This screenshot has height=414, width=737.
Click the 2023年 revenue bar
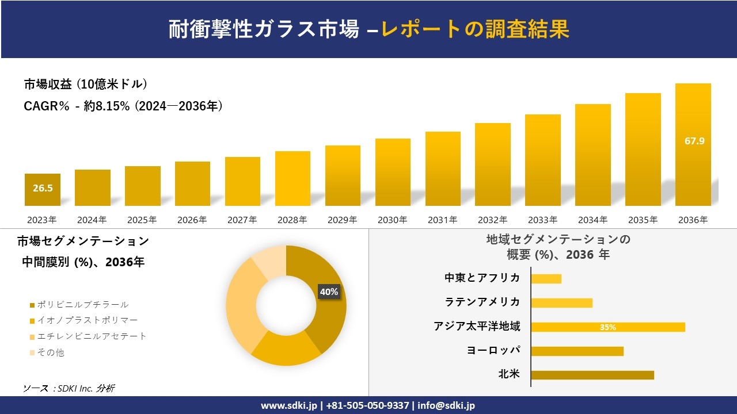point(42,190)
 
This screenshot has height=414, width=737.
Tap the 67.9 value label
point(694,141)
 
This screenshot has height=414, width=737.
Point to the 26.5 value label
point(43,188)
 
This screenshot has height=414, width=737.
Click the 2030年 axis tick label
point(392,220)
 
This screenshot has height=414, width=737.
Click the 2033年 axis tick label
point(542,220)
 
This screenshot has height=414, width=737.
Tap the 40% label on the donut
point(329,292)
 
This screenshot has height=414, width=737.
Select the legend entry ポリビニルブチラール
point(82,305)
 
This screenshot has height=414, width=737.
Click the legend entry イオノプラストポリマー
point(87,320)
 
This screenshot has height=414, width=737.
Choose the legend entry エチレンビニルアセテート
point(92,336)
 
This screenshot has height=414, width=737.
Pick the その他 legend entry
point(51,352)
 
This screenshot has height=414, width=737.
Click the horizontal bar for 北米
point(592,375)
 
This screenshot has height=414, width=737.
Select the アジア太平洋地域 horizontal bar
point(607,327)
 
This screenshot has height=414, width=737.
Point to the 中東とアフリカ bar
point(546,279)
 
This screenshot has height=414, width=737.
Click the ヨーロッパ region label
point(493,350)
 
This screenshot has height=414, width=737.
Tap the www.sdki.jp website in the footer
point(288,405)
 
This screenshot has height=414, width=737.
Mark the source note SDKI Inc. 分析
point(69,389)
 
